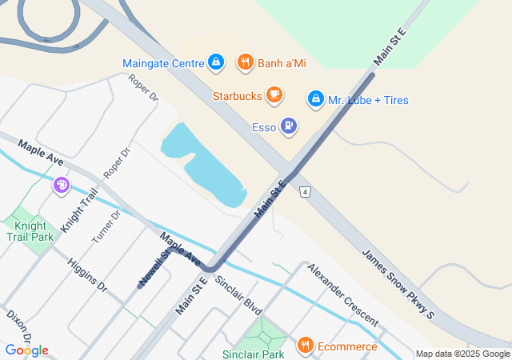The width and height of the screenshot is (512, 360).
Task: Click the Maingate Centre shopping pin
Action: click(x=215, y=62)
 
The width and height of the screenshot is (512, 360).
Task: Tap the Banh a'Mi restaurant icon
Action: click(x=245, y=62)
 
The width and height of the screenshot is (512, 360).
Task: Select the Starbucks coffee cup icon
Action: click(x=274, y=96)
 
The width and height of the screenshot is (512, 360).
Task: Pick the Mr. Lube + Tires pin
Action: click(x=316, y=100)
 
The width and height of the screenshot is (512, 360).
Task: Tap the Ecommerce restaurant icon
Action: click(x=305, y=346)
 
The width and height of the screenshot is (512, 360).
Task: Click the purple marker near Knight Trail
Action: click(x=62, y=186)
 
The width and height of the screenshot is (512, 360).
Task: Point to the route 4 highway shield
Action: click(x=305, y=192)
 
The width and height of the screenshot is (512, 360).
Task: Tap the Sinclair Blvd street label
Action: click(x=238, y=294)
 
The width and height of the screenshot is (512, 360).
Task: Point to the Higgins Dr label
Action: click(x=87, y=274)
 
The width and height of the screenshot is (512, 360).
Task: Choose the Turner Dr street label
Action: click(x=106, y=227)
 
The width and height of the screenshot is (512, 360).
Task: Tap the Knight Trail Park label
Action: click(x=29, y=231)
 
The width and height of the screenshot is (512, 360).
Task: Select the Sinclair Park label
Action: click(x=253, y=354)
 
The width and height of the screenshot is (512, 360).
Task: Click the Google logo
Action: click(x=26, y=350)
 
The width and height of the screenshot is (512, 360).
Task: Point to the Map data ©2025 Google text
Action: click(x=462, y=354)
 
